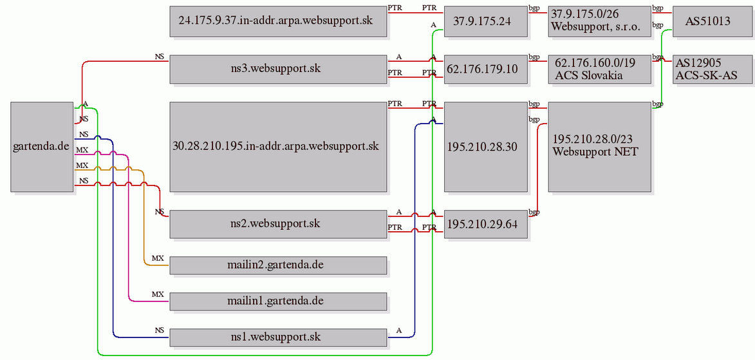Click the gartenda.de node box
42,146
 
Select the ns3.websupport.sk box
278,69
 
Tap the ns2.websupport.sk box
278,223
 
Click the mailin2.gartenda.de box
278,265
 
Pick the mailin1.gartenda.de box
278,301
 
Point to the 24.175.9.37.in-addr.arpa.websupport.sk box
278,21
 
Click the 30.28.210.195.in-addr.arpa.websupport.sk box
278,146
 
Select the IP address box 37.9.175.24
485,21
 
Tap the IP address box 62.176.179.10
485,69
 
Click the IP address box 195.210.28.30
485,146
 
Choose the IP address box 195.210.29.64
485,223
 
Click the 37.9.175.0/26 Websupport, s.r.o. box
599,21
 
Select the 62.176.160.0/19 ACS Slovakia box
599,69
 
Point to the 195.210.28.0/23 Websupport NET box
599,146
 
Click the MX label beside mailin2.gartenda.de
158,258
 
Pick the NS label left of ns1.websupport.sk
160,330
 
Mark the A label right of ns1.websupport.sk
398,330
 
